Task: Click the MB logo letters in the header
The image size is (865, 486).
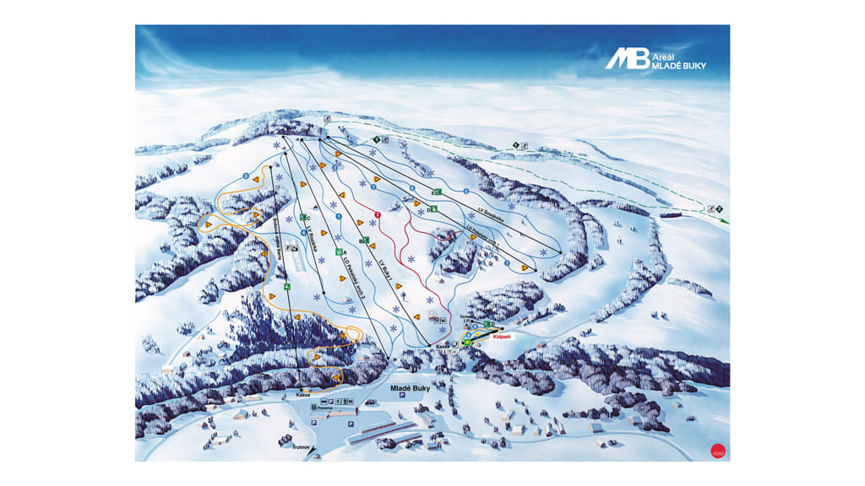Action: pyautogui.click(x=626, y=58)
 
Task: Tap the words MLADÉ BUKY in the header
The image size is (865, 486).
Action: pyautogui.click(x=678, y=66)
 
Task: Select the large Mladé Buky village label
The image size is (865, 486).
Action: pyautogui.click(x=410, y=389)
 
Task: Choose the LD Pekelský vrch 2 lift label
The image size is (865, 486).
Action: pyautogui.click(x=349, y=276)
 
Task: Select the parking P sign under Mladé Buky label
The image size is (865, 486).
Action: pyautogui.click(x=403, y=397)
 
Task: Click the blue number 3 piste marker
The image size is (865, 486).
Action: pyautogui.click(x=246, y=175)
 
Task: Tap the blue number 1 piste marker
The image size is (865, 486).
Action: pyautogui.click(x=339, y=218)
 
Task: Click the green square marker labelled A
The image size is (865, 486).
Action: pyautogui.click(x=339, y=251)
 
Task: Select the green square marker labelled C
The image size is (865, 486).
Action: pyautogui.click(x=302, y=217)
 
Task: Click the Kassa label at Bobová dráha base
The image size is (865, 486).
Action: pyautogui.click(x=305, y=394)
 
